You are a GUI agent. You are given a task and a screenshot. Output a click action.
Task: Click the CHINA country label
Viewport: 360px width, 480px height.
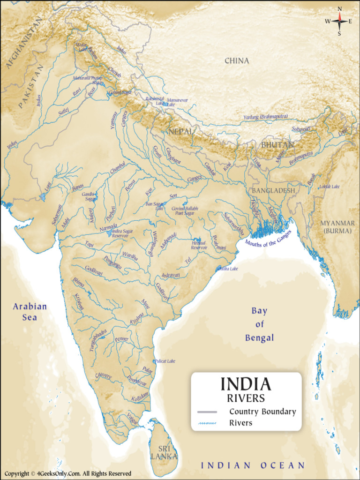tap(237, 61)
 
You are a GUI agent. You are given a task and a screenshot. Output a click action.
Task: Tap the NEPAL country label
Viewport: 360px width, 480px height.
tap(180, 131)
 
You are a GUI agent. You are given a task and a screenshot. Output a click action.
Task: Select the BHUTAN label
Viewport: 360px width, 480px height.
tap(277, 145)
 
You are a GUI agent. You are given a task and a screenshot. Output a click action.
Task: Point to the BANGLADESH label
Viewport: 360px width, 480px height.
tap(274, 191)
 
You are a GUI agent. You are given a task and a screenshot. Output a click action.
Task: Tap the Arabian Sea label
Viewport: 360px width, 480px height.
tap(30, 312)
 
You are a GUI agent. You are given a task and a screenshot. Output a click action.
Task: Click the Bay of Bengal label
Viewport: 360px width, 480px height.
tap(259, 324)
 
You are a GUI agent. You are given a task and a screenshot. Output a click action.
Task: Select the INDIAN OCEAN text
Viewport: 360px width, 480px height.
tap(253, 465)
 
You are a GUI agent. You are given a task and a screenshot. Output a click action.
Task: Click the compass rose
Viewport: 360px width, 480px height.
tap(339, 21)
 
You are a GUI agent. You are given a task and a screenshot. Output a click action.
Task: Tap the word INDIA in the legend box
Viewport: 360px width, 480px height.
tap(246, 384)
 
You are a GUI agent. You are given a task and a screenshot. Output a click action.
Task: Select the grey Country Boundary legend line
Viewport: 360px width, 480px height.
tap(207, 412)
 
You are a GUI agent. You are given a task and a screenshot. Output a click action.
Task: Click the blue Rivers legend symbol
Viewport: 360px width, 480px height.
tap(207, 423)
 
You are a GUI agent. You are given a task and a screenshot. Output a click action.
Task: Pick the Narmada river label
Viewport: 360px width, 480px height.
tap(109, 227)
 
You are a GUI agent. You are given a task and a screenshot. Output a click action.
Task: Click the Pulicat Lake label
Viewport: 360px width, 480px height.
tap(165, 361)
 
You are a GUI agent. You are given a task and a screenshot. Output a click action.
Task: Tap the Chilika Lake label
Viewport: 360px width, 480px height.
tap(227, 269)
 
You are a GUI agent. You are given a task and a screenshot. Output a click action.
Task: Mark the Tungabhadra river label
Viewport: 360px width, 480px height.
tap(98, 340)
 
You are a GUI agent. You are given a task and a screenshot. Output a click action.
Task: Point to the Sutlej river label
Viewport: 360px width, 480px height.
tap(64, 111)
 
